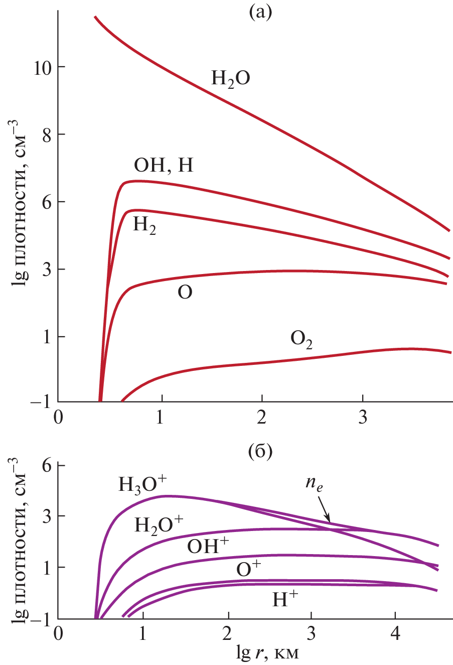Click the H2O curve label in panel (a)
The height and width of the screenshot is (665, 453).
230,78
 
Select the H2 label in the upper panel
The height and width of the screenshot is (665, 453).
144,225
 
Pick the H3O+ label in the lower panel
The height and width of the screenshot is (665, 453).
142,484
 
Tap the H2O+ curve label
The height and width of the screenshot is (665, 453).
159,524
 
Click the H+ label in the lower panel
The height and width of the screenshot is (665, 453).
285,599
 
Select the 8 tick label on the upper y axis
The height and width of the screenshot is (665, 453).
47,135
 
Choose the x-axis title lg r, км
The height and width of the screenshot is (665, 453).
268,652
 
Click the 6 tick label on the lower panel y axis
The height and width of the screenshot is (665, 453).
47,466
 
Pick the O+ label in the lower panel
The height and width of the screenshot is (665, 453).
249,569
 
